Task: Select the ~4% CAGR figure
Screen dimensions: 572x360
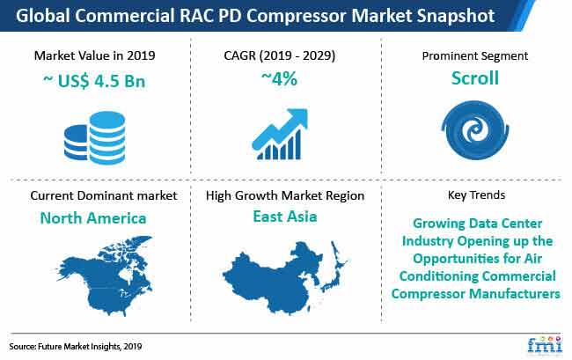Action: click(x=280, y=78)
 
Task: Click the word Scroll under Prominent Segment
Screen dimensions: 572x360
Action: click(x=475, y=78)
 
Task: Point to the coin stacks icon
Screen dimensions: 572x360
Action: click(x=94, y=137)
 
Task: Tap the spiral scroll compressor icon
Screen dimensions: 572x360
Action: click(x=475, y=130)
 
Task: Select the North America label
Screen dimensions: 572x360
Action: click(x=93, y=218)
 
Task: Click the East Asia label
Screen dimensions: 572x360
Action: click(x=285, y=217)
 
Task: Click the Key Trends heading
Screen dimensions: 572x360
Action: click(x=476, y=195)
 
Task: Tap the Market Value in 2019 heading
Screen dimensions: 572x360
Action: click(x=94, y=55)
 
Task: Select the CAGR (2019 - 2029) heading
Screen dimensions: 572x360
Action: click(x=280, y=55)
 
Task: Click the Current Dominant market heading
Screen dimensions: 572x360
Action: click(x=104, y=195)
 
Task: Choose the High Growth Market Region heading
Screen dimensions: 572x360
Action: click(x=285, y=195)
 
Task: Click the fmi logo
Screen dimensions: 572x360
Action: click(x=544, y=344)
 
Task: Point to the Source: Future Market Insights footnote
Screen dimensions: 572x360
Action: click(x=76, y=347)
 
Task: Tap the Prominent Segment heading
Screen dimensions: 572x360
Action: click(x=475, y=55)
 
